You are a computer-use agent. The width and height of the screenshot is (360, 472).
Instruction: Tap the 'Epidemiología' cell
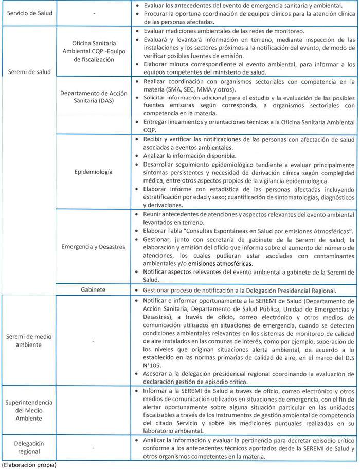coord(93,171)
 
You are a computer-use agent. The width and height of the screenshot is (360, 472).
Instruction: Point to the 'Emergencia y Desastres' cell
coord(93,247)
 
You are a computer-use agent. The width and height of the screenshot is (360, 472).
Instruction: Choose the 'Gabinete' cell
coord(93,289)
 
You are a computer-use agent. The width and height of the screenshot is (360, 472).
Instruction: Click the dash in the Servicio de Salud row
coord(94,13)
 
